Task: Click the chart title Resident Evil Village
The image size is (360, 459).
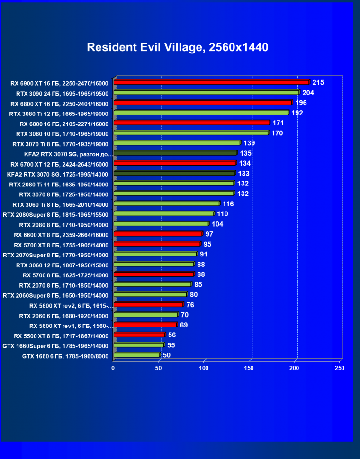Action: point(177,47)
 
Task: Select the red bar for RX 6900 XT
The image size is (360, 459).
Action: point(211,82)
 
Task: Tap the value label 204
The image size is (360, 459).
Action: point(308,93)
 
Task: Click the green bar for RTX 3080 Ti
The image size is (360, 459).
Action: point(201,113)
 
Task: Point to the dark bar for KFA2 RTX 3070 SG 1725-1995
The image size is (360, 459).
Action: point(174,173)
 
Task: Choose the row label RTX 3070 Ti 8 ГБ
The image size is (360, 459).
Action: point(60,144)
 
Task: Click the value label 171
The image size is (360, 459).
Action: point(278,123)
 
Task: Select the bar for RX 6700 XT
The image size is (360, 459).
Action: point(174,163)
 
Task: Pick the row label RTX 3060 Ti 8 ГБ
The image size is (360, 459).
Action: point(60,204)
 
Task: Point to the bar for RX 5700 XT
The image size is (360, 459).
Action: point(157,244)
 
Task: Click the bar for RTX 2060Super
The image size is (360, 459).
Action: point(150,294)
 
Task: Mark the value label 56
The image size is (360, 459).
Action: point(172,335)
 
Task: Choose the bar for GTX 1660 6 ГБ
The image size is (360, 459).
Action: point(136,355)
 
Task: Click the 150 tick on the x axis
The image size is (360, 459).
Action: point(249,368)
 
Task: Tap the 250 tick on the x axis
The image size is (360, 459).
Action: point(340,368)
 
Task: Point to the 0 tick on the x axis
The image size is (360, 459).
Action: point(113,368)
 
